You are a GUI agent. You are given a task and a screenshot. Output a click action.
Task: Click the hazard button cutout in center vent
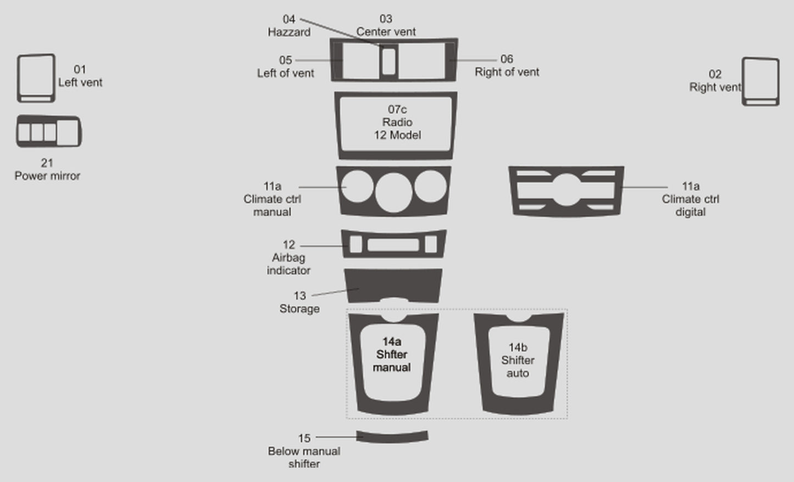click(x=389, y=61)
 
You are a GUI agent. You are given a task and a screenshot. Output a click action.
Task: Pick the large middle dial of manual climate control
click(x=394, y=192)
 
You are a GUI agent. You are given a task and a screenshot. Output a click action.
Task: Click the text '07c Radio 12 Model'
click(x=397, y=122)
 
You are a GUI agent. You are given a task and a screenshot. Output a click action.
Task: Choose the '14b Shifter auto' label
click(x=518, y=360)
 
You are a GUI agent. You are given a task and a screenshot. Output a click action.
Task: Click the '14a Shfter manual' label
click(x=392, y=355)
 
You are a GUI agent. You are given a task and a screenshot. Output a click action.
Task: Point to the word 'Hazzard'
click(x=289, y=32)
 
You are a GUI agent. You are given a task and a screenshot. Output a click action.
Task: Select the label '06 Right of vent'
click(x=507, y=65)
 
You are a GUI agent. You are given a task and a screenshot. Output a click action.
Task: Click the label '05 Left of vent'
click(x=285, y=66)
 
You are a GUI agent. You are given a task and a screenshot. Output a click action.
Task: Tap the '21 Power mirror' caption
click(x=47, y=169)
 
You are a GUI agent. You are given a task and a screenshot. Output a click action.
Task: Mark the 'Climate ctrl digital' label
click(x=691, y=205)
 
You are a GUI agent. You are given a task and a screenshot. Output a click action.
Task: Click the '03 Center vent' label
click(x=386, y=25)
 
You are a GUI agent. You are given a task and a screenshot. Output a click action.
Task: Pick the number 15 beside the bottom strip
click(x=304, y=439)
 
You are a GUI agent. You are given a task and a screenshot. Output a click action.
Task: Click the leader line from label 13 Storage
click(x=335, y=292)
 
